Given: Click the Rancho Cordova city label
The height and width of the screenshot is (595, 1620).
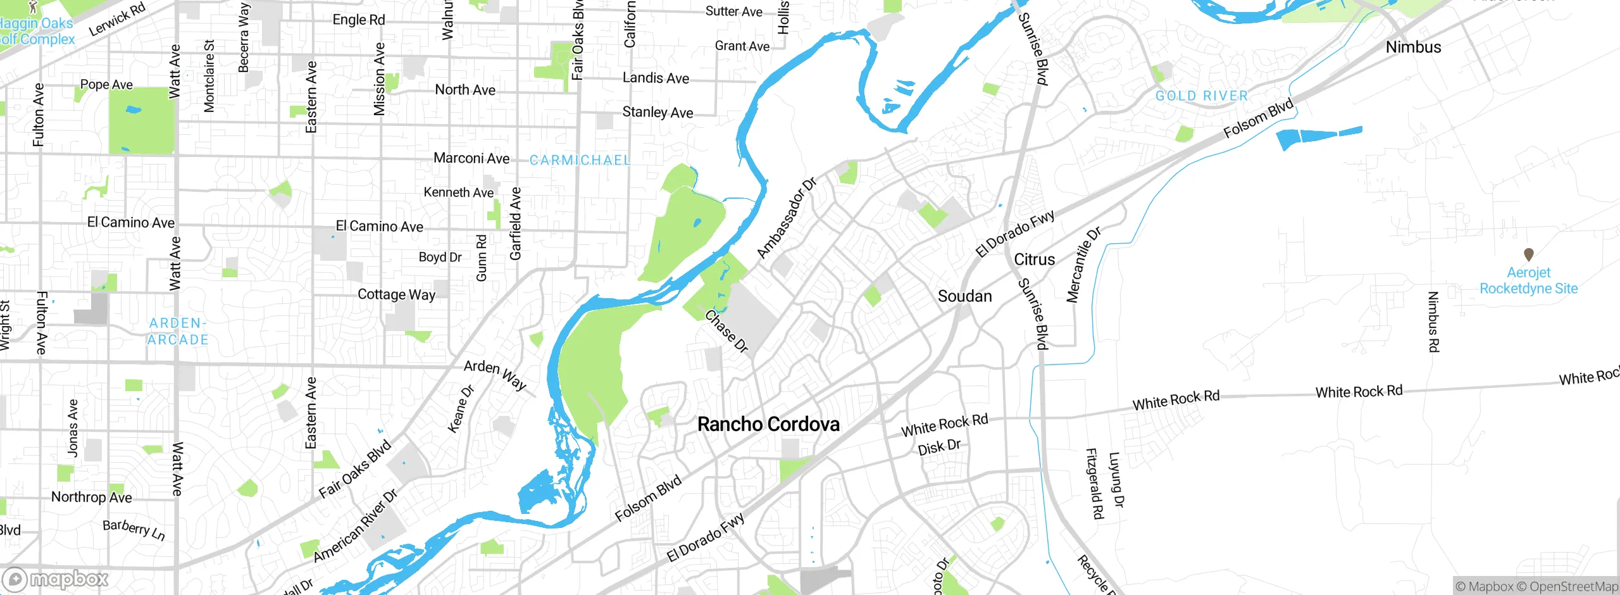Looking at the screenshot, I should point(768,424).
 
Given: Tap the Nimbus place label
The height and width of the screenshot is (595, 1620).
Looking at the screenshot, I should point(1413,47).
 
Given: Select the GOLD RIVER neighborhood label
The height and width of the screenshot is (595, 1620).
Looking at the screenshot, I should point(1201,96).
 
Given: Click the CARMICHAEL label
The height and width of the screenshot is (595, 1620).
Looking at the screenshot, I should point(580,160).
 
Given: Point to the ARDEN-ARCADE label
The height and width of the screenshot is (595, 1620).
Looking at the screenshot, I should point(178,331).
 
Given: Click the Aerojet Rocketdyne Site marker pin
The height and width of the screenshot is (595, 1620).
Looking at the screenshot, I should point(1528,254).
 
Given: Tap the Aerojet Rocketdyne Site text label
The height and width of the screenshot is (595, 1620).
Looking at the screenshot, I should point(1528,280).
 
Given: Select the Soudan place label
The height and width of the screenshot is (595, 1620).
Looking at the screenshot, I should point(964,296).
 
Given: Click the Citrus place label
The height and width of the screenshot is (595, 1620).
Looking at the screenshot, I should point(1034,260).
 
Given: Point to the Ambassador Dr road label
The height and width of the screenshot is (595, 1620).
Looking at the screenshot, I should point(787,218).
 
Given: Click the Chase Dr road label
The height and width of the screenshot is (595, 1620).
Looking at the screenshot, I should point(726,330).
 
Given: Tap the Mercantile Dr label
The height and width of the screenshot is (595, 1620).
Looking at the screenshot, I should point(1083,264).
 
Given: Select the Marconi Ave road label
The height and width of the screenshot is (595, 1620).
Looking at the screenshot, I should point(471,158).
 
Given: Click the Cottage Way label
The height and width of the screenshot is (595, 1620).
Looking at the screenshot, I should point(396,294).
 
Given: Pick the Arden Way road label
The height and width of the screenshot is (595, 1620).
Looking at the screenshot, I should point(495,375).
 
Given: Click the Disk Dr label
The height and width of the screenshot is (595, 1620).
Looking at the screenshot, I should point(939,447).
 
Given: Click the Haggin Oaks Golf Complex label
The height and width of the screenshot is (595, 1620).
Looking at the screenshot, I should point(37,31).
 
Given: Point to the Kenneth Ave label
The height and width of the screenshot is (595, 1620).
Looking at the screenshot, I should point(458,192).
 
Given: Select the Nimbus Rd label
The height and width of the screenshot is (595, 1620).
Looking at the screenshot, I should point(1433,322).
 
